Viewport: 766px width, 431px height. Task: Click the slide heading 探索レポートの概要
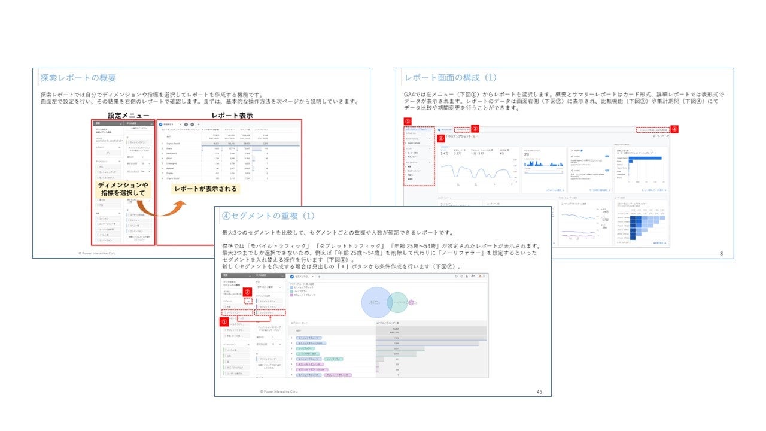point(78,78)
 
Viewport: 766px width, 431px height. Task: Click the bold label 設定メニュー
point(129,115)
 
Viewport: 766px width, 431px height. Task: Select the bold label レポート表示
point(232,115)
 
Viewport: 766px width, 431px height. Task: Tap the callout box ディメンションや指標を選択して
point(122,189)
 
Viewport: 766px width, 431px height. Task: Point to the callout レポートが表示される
point(205,189)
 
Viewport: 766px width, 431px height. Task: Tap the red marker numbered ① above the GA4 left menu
point(408,121)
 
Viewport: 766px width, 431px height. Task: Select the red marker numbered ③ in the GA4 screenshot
point(475,128)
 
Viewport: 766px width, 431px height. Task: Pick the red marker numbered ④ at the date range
point(674,129)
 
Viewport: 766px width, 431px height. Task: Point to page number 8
point(721,254)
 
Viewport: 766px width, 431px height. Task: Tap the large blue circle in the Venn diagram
point(376,302)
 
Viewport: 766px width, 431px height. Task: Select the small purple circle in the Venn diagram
point(412,302)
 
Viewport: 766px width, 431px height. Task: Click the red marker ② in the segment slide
point(247,292)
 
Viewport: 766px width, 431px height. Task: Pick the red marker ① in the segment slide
point(224,321)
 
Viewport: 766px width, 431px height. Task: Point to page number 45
point(539,391)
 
